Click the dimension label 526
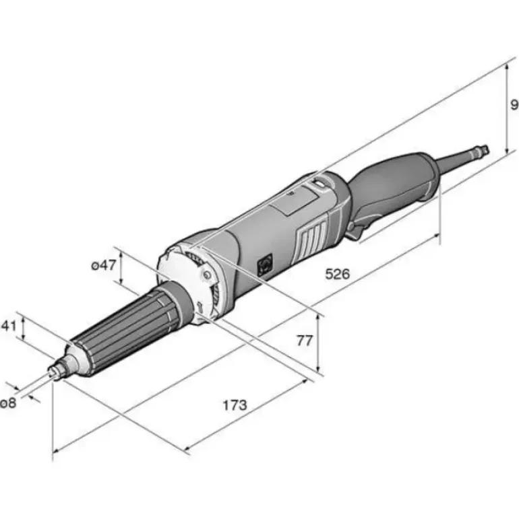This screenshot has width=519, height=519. (338, 274)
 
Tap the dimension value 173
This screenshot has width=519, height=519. (235, 405)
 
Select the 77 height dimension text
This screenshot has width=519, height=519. (304, 340)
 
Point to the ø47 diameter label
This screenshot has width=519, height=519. (104, 265)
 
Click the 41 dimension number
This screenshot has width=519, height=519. (9, 326)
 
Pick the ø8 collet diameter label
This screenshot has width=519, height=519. (8, 403)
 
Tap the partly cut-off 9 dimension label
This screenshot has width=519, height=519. (514, 104)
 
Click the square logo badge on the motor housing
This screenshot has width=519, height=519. (265, 264)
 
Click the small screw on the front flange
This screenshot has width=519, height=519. (207, 275)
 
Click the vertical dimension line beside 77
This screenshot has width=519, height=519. (318, 343)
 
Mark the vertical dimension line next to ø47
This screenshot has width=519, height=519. (121, 268)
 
